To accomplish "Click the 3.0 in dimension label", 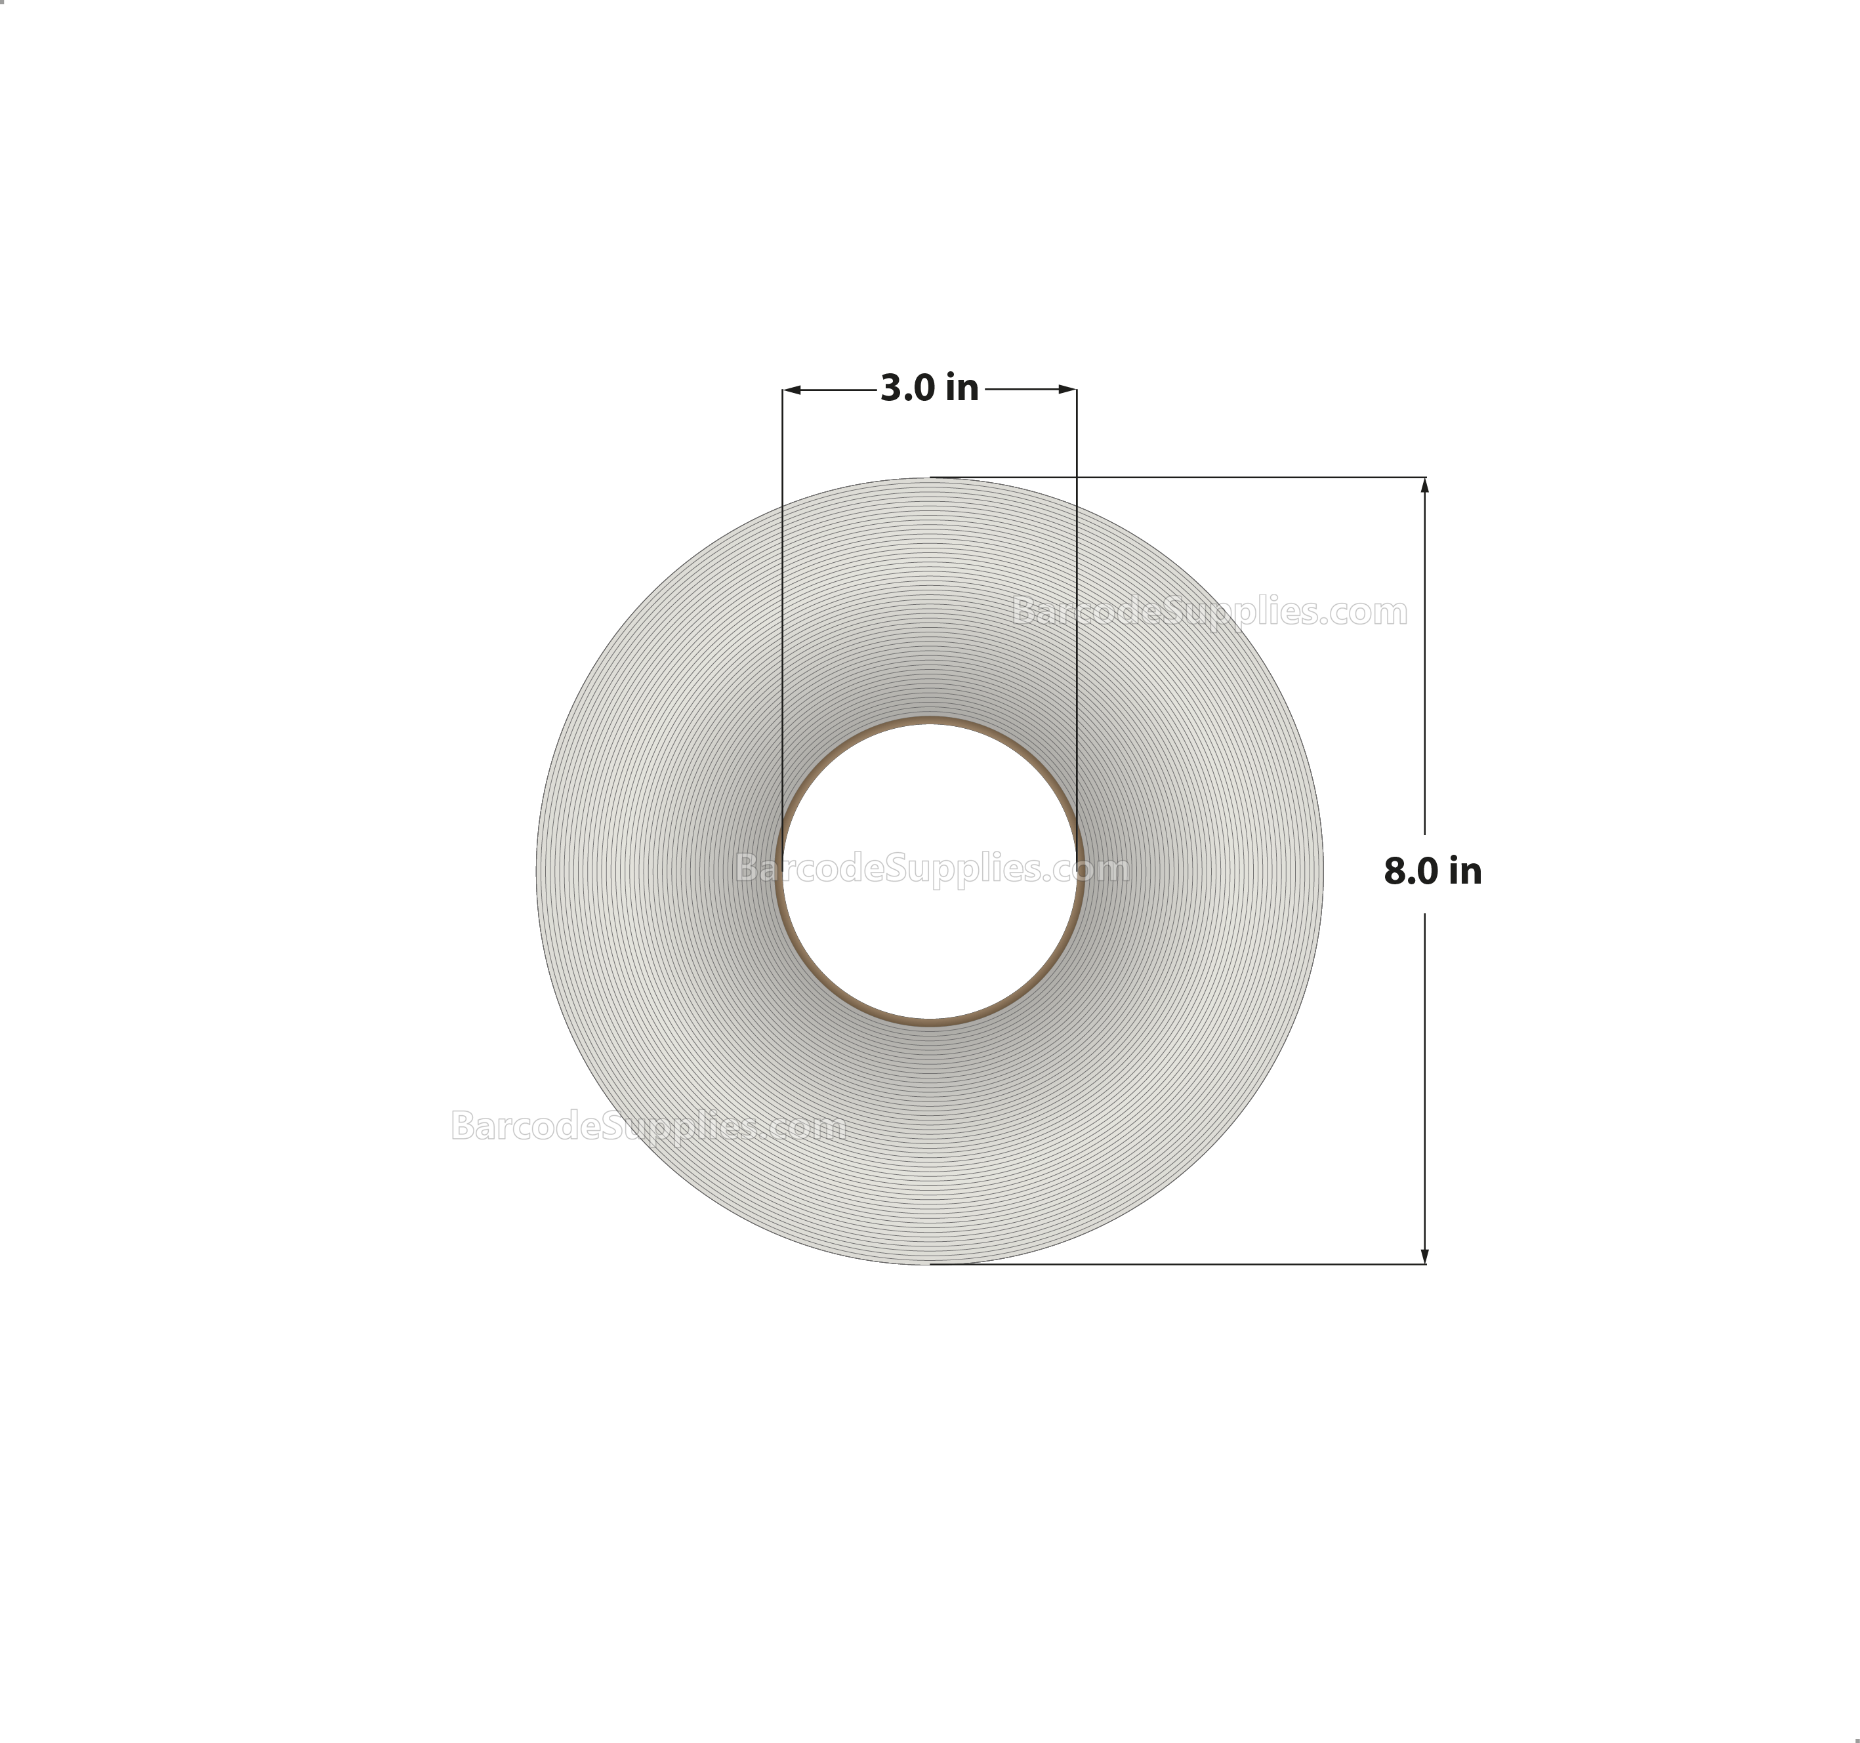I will (x=929, y=388).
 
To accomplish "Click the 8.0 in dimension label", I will (x=1432, y=872).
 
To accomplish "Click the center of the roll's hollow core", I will (x=929, y=872).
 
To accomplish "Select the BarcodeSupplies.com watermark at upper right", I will (x=1210, y=612).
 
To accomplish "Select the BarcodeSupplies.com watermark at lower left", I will (x=648, y=1126).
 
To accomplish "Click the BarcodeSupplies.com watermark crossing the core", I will (x=932, y=869).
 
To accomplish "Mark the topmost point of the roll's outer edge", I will (x=929, y=478).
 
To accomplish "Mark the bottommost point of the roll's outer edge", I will (x=929, y=1264).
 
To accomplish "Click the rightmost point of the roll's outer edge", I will (x=1322, y=871).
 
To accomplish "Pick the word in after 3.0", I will (x=962, y=388).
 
